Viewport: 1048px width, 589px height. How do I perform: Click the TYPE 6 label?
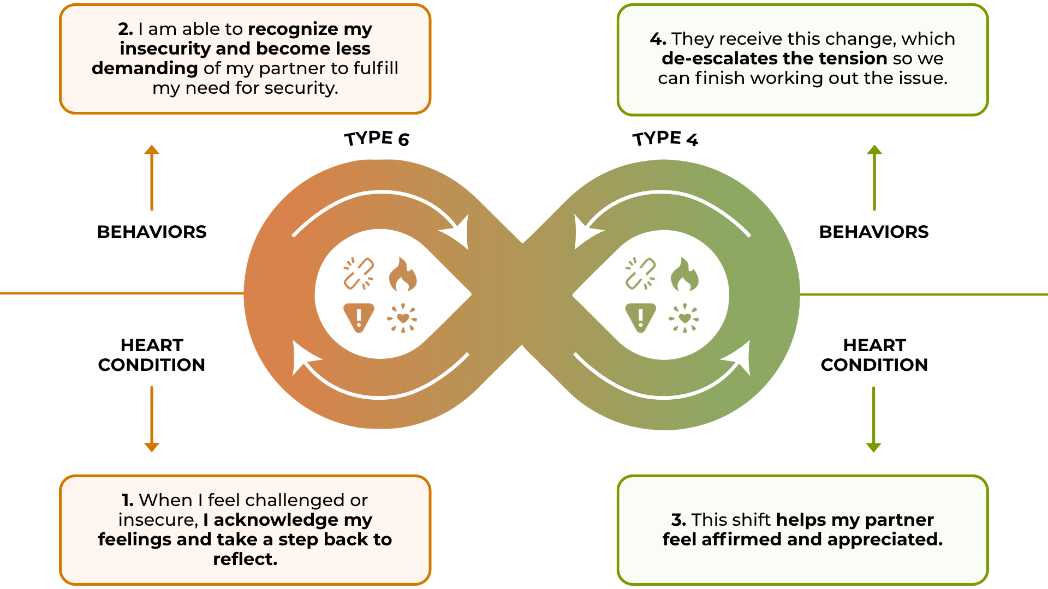point(377,139)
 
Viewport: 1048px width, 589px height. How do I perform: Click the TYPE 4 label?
point(665,139)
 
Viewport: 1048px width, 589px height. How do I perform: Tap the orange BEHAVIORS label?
point(152,232)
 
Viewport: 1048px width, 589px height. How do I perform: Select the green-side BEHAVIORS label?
point(874,232)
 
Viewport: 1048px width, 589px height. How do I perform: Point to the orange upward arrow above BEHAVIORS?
point(152,178)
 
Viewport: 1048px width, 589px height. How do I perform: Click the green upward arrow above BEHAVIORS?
point(874,178)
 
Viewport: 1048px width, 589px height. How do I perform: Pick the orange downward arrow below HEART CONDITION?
point(152,419)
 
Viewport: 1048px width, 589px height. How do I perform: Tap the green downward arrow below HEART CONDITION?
point(874,419)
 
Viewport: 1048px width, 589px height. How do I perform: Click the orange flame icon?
point(402,274)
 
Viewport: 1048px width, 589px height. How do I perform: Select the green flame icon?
point(684,274)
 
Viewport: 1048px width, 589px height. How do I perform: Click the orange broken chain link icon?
point(359,273)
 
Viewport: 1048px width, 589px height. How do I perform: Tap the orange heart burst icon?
point(402,318)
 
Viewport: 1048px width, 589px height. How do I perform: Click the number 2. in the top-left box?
point(126,29)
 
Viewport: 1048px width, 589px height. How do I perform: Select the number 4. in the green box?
point(658,39)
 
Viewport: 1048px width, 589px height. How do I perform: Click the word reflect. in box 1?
point(245,559)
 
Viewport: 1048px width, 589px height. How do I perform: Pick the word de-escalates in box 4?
point(719,58)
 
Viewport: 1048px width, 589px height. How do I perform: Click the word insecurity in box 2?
point(165,49)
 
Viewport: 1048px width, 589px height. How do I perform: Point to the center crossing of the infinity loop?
point(522,294)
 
